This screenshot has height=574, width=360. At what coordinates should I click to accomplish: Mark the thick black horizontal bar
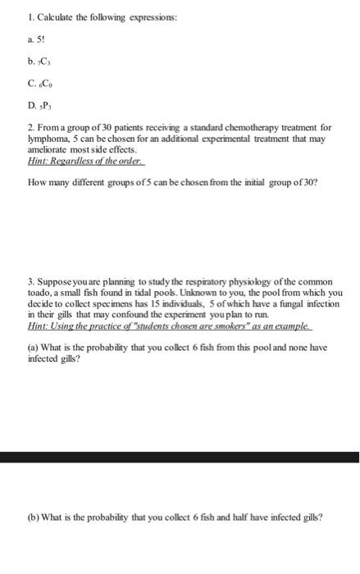(180, 457)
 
